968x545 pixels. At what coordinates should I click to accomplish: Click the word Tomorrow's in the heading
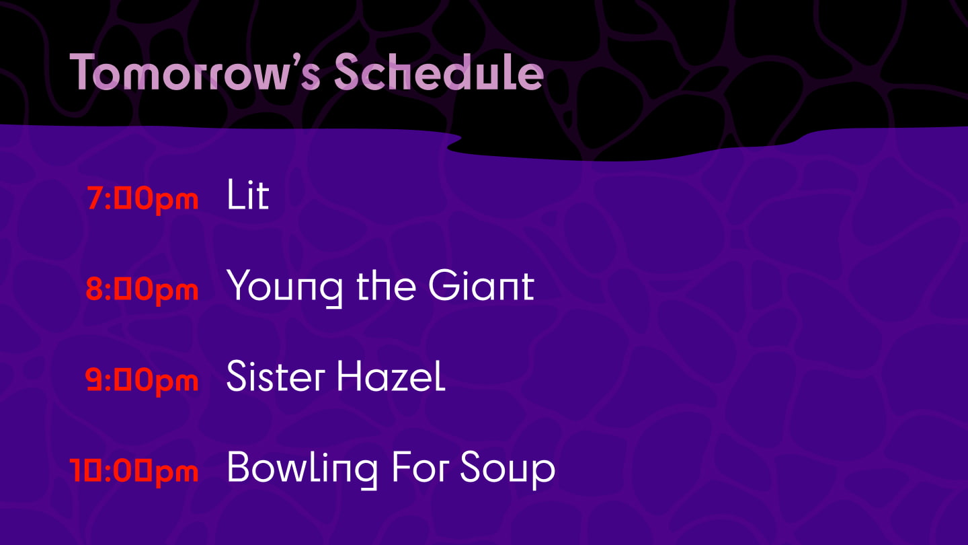point(195,71)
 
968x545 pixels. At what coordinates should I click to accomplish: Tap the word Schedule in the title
point(439,71)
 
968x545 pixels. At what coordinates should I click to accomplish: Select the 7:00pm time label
point(143,199)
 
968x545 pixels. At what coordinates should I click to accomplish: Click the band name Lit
point(248,194)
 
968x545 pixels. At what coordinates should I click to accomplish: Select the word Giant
point(481,285)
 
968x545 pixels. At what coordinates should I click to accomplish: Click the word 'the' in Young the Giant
point(386,285)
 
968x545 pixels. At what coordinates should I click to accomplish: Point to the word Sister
point(276,375)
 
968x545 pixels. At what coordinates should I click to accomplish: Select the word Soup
point(508,470)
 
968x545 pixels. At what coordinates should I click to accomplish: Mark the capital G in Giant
point(444,285)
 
